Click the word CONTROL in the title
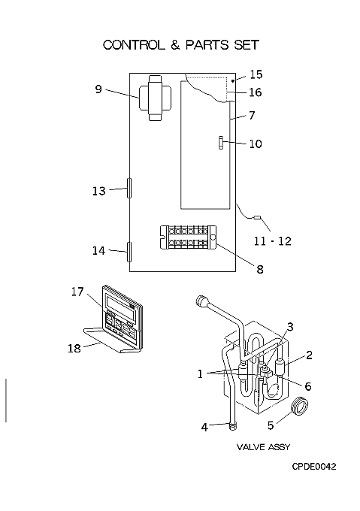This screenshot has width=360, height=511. (x=135, y=44)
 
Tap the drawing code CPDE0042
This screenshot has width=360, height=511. (x=313, y=467)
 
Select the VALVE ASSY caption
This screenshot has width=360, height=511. (x=263, y=447)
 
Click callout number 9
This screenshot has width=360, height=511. (x=98, y=89)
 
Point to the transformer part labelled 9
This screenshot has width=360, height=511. (x=155, y=98)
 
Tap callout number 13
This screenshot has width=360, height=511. (x=99, y=191)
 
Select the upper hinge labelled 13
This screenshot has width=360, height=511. (x=129, y=188)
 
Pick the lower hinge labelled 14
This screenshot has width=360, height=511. (x=129, y=252)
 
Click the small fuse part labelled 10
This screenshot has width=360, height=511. (x=222, y=143)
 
